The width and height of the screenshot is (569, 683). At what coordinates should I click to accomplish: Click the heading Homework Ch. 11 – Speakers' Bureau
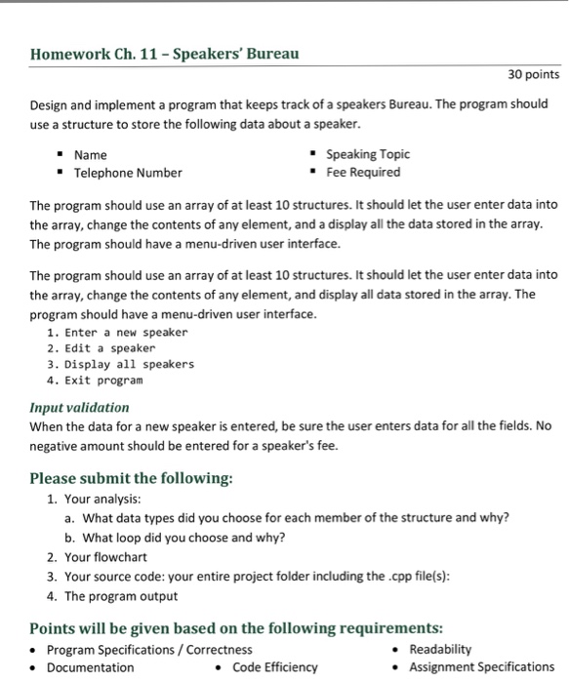164,54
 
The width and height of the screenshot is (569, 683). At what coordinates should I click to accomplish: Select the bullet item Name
91,155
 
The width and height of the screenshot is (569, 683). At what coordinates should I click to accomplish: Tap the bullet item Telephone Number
128,173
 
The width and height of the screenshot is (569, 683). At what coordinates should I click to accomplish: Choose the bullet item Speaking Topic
368,154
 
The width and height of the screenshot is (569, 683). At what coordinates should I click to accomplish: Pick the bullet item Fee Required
363,172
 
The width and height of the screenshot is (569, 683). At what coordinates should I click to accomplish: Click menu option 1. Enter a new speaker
116,333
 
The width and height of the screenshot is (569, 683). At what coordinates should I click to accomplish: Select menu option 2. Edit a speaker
101,348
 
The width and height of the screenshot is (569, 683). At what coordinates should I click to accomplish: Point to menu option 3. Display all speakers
120,364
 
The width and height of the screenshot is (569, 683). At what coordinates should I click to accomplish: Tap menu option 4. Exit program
95,380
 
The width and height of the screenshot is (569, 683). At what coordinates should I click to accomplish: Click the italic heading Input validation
79,407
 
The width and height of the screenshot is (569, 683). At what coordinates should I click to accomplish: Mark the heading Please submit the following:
132,478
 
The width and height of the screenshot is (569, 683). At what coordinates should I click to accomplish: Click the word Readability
440,649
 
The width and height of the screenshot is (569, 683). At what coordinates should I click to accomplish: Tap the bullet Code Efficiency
275,667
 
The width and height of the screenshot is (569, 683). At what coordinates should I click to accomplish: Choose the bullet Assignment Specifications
481,667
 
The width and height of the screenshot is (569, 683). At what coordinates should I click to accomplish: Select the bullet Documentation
91,667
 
